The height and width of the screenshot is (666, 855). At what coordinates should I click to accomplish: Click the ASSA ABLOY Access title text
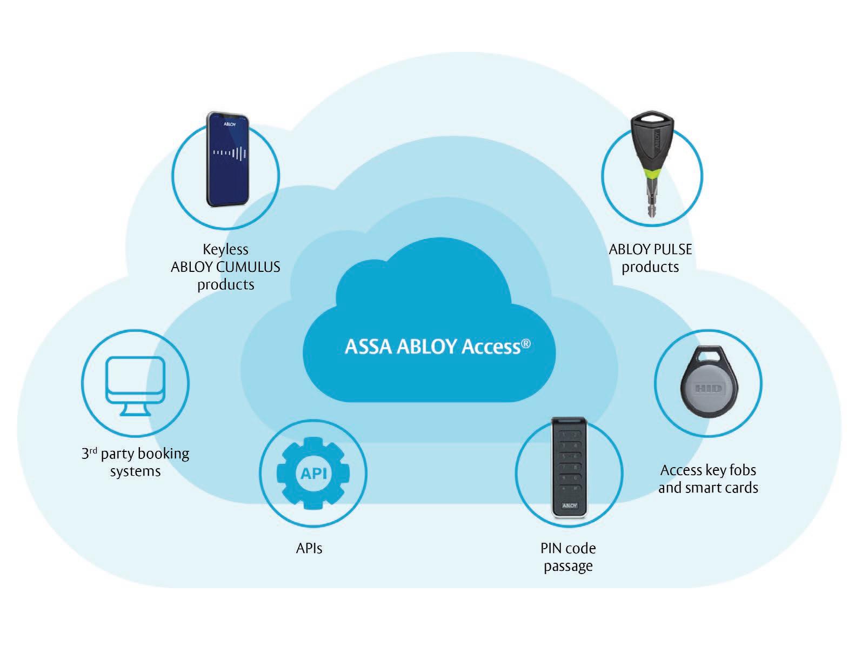point(432,347)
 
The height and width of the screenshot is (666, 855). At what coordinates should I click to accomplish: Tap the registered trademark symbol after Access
point(525,344)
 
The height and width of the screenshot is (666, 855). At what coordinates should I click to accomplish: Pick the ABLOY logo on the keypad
point(570,505)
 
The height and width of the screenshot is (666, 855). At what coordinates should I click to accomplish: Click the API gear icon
point(313,474)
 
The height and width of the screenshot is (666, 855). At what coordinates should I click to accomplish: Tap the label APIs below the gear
point(309,549)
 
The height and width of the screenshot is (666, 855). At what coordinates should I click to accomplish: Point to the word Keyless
point(225,249)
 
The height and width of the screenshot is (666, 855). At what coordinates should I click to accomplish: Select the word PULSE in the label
point(672,249)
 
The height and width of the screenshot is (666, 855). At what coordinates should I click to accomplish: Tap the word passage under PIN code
point(568,567)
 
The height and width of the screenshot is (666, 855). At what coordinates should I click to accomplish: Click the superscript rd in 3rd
point(93,450)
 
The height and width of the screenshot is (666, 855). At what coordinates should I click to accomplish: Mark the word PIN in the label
point(551,549)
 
